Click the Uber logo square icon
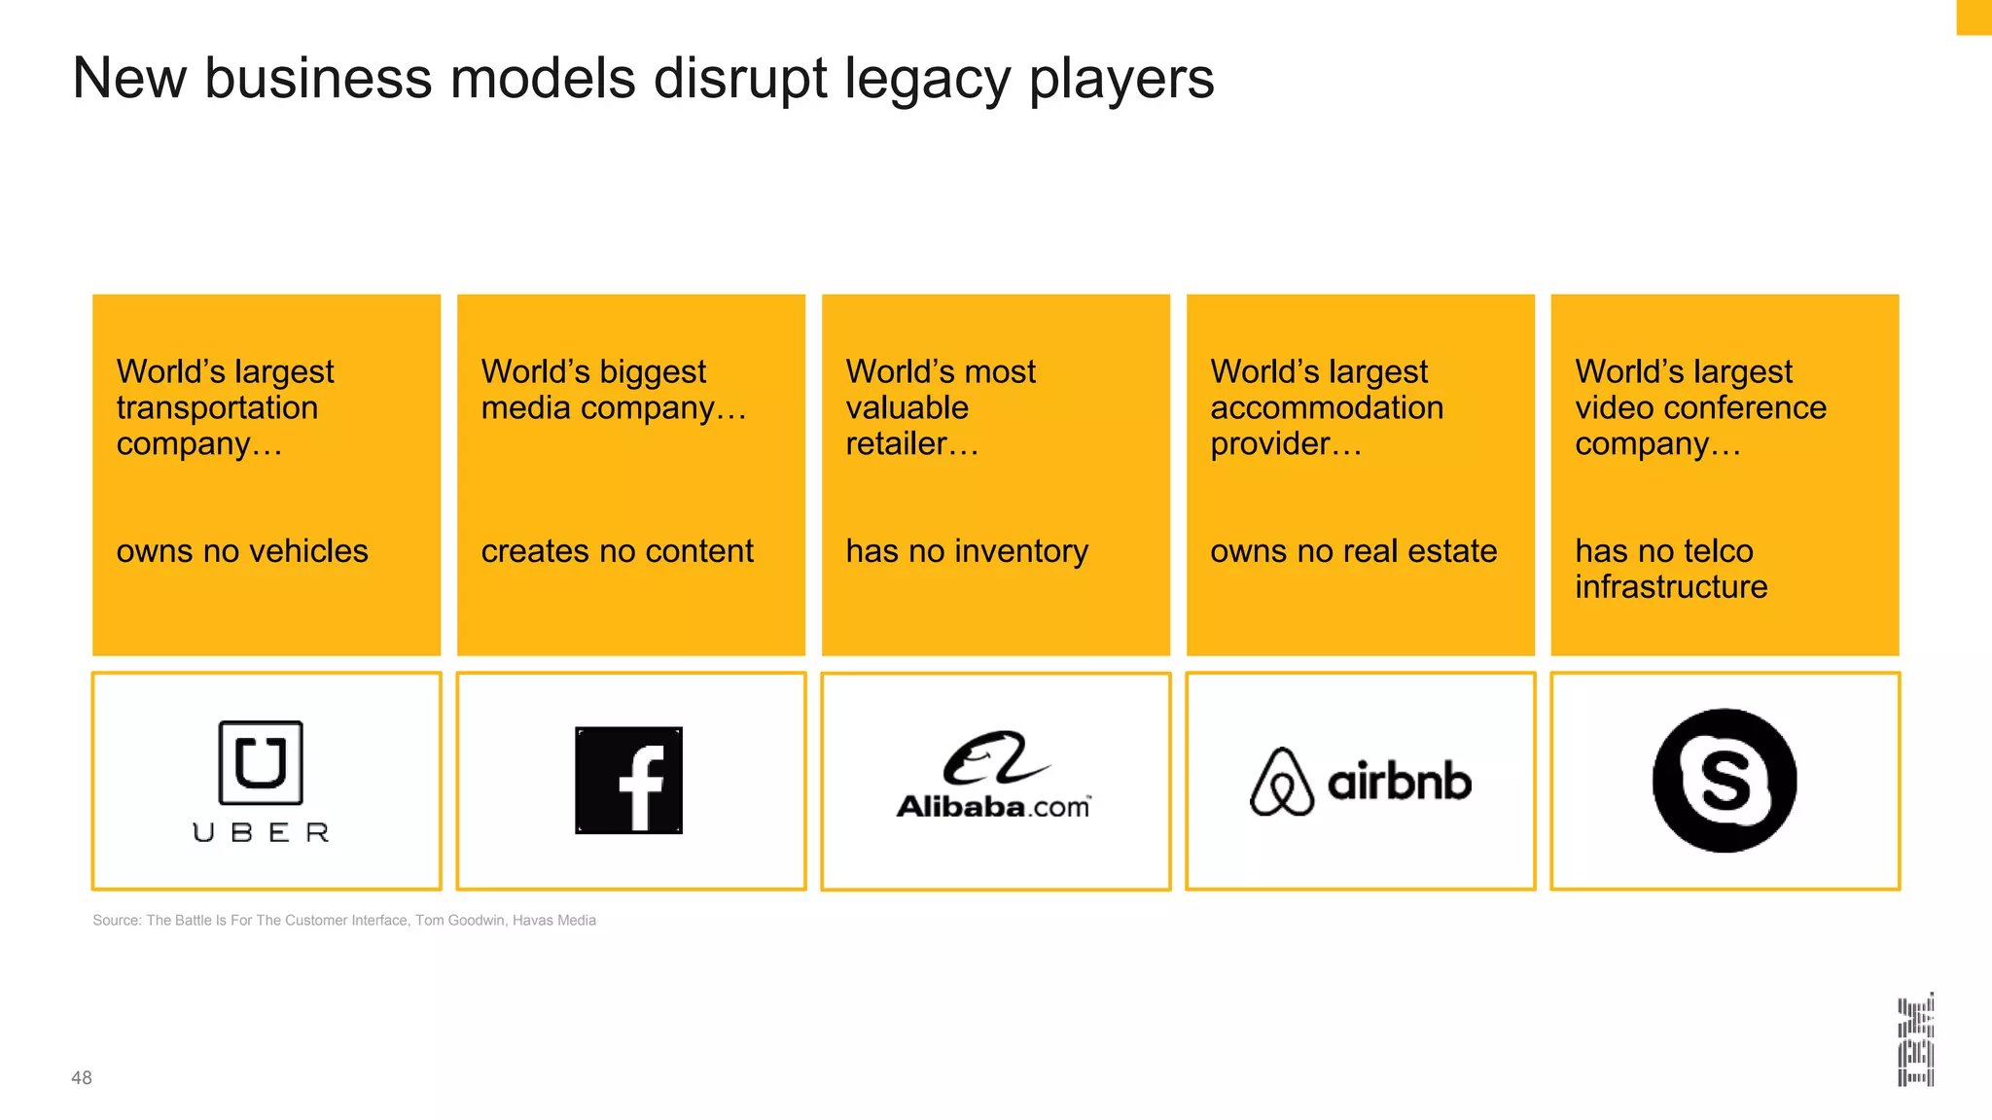[261, 762]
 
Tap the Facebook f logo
[628, 780]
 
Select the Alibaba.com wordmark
[993, 806]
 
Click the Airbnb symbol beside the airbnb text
[1281, 782]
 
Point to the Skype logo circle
[1725, 780]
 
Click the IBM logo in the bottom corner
[1915, 1039]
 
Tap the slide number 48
[82, 1077]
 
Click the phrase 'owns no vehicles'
[242, 551]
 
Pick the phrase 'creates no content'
[617, 551]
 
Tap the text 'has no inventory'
[967, 551]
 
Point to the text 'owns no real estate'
[1353, 551]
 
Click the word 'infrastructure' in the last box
[1671, 587]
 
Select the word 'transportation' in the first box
[217, 407]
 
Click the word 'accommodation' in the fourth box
[1327, 407]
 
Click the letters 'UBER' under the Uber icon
[261, 832]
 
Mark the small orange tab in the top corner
[1974, 17]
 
